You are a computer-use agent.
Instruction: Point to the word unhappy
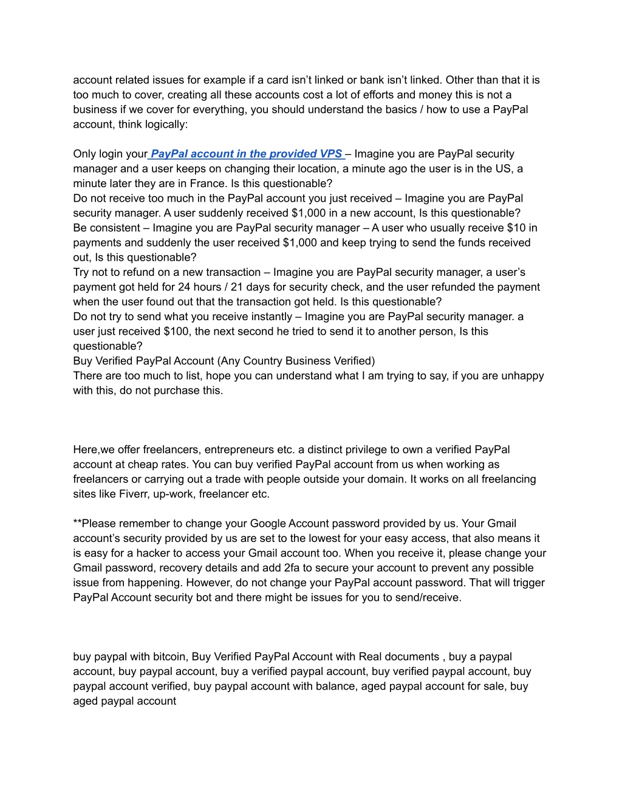[522, 375]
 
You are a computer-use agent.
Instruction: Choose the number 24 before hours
[184, 287]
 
